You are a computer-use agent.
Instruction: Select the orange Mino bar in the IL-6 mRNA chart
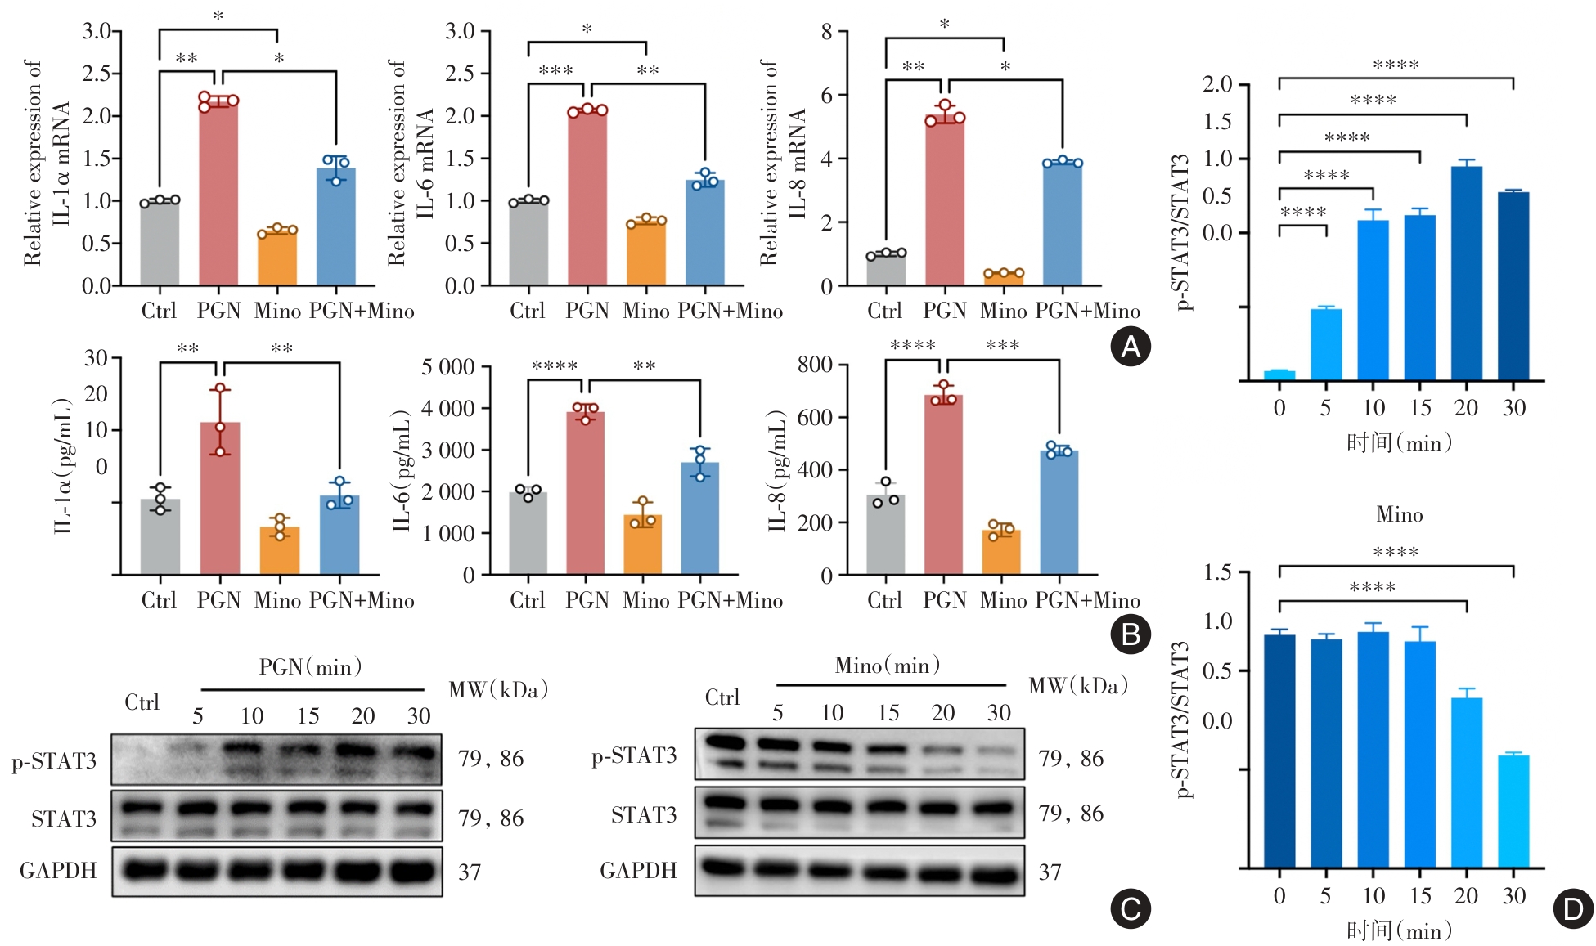[x=646, y=253]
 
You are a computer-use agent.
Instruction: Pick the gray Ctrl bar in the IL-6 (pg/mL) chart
[x=528, y=532]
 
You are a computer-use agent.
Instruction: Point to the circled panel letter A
[x=1130, y=347]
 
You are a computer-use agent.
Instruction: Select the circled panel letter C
[x=1130, y=908]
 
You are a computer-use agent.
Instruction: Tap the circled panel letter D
[x=1572, y=908]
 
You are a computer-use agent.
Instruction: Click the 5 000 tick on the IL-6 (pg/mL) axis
[x=447, y=367]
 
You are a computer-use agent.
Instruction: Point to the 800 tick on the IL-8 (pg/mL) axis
[x=815, y=365]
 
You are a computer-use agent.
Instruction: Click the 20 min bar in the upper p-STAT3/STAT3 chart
[x=1467, y=273]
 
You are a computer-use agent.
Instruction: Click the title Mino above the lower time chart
[x=1399, y=514]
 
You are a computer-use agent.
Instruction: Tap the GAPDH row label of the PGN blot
[x=58, y=871]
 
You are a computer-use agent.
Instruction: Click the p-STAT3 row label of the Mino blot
[x=634, y=755]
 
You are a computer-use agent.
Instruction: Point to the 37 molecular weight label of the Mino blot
[x=1050, y=872]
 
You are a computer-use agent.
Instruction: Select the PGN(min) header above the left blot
[x=310, y=667]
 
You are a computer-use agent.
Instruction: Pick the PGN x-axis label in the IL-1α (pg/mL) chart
[x=218, y=600]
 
